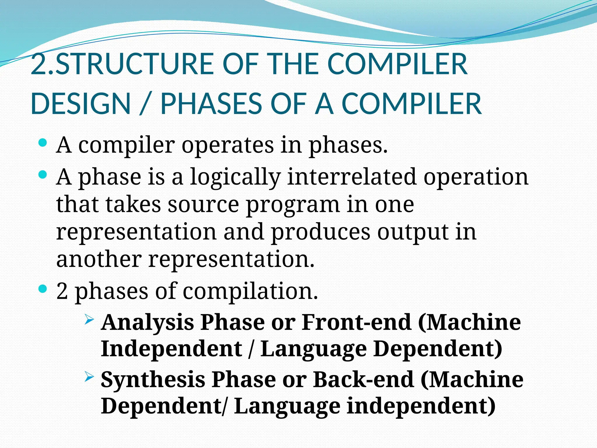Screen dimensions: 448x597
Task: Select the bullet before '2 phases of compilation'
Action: pyautogui.click(x=43, y=289)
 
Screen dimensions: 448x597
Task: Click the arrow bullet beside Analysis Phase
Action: pyautogui.click(x=89, y=320)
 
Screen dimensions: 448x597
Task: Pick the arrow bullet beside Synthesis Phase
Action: pyautogui.click(x=89, y=377)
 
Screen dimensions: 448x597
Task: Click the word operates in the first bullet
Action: pyautogui.click(x=228, y=145)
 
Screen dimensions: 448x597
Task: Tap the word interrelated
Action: pyautogui.click(x=352, y=177)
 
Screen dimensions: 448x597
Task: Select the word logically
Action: pyautogui.click(x=235, y=177)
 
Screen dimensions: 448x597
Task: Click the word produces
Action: pyautogui.click(x=321, y=232)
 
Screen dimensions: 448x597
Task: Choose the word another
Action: pyautogui.click(x=99, y=259)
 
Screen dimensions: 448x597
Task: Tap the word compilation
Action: pyautogui.click(x=250, y=291)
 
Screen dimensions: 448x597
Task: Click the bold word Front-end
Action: pyautogui.click(x=356, y=322)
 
